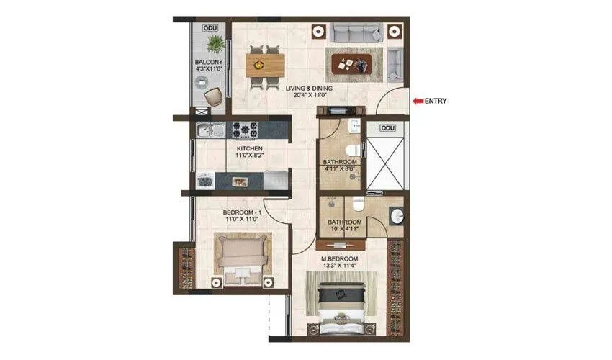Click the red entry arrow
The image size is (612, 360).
[x=417, y=101]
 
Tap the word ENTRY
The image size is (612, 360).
[x=436, y=101]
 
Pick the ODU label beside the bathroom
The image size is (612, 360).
[x=387, y=128]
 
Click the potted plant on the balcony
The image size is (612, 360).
[x=214, y=45]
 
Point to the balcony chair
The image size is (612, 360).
[x=213, y=96]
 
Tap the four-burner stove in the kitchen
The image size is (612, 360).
[x=245, y=130]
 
